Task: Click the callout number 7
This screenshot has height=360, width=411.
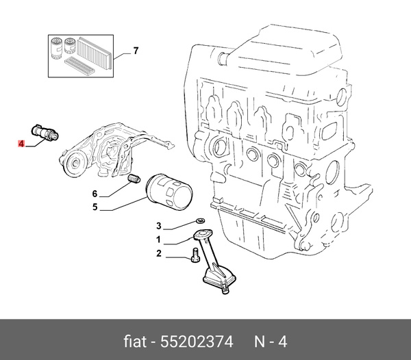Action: coord(136,51)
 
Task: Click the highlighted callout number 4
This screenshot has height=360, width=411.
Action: coord(22,144)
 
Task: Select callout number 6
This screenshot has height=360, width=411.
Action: coord(95,193)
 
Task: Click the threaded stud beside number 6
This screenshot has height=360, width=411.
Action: coord(134,180)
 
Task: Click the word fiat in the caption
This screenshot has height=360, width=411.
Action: coord(135,340)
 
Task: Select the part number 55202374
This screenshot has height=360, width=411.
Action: coord(197,340)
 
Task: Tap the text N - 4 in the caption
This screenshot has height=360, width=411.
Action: coord(271,340)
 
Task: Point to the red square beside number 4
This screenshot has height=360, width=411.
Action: coord(22,144)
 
